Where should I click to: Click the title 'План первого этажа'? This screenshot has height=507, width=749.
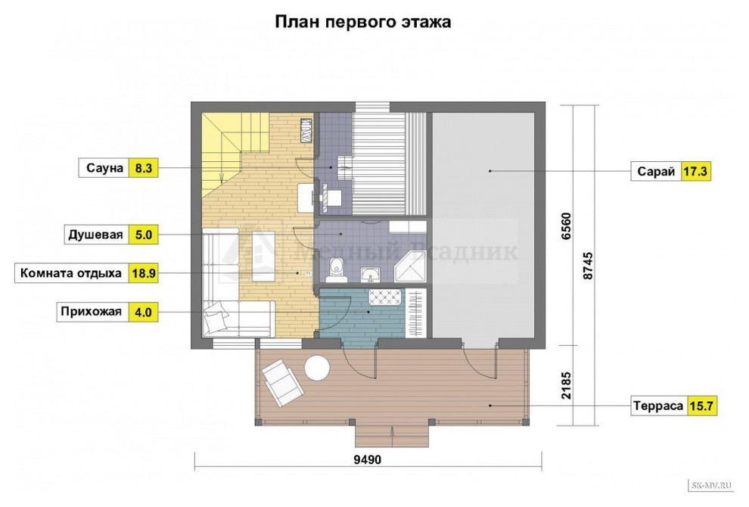pyautogui.click(x=362, y=22)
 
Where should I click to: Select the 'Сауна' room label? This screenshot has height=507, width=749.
pyautogui.click(x=104, y=168)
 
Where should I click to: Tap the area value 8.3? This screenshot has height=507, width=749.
pyautogui.click(x=143, y=168)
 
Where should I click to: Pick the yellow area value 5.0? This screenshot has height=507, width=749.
pyautogui.click(x=143, y=235)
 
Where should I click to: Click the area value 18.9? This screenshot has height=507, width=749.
pyautogui.click(x=143, y=273)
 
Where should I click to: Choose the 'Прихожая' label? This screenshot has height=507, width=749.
pyautogui.click(x=93, y=312)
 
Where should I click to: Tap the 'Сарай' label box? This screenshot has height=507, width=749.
pyautogui.click(x=656, y=173)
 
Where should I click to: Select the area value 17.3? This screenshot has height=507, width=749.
pyautogui.click(x=696, y=173)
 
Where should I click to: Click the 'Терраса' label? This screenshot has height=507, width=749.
pyautogui.click(x=659, y=406)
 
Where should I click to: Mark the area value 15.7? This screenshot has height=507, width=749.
pyautogui.click(x=701, y=406)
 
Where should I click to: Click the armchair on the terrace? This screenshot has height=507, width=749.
pyautogui.click(x=281, y=378)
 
